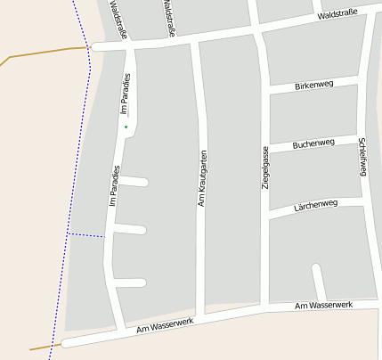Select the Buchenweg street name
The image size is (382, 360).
[x=313, y=143]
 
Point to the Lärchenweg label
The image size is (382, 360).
[x=315, y=205]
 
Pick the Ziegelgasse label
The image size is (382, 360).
[x=264, y=168]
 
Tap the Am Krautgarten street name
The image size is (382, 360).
[x=202, y=178]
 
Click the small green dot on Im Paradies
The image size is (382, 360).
[x=126, y=127]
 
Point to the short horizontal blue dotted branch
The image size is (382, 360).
[x=86, y=234]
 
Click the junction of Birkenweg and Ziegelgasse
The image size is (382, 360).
[x=266, y=89]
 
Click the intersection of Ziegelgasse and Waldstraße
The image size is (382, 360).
[x=258, y=31]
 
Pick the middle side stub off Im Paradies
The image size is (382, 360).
[x=129, y=230]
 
